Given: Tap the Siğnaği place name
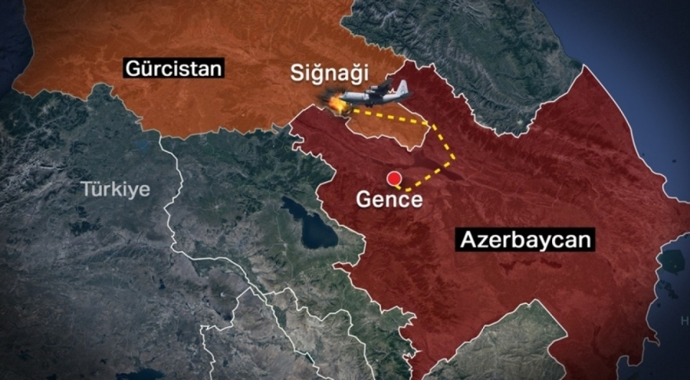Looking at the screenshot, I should [329, 74].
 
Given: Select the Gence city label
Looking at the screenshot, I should [389, 200].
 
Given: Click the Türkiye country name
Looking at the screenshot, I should [116, 190].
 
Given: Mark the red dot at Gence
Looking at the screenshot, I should [395, 180].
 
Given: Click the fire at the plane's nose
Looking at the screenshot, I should [335, 103].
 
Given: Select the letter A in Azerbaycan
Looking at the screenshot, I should [468, 240].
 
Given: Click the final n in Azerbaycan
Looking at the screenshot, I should [585, 240].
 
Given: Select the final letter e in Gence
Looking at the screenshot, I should [415, 200].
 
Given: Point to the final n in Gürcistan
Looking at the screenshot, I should [217, 69].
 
